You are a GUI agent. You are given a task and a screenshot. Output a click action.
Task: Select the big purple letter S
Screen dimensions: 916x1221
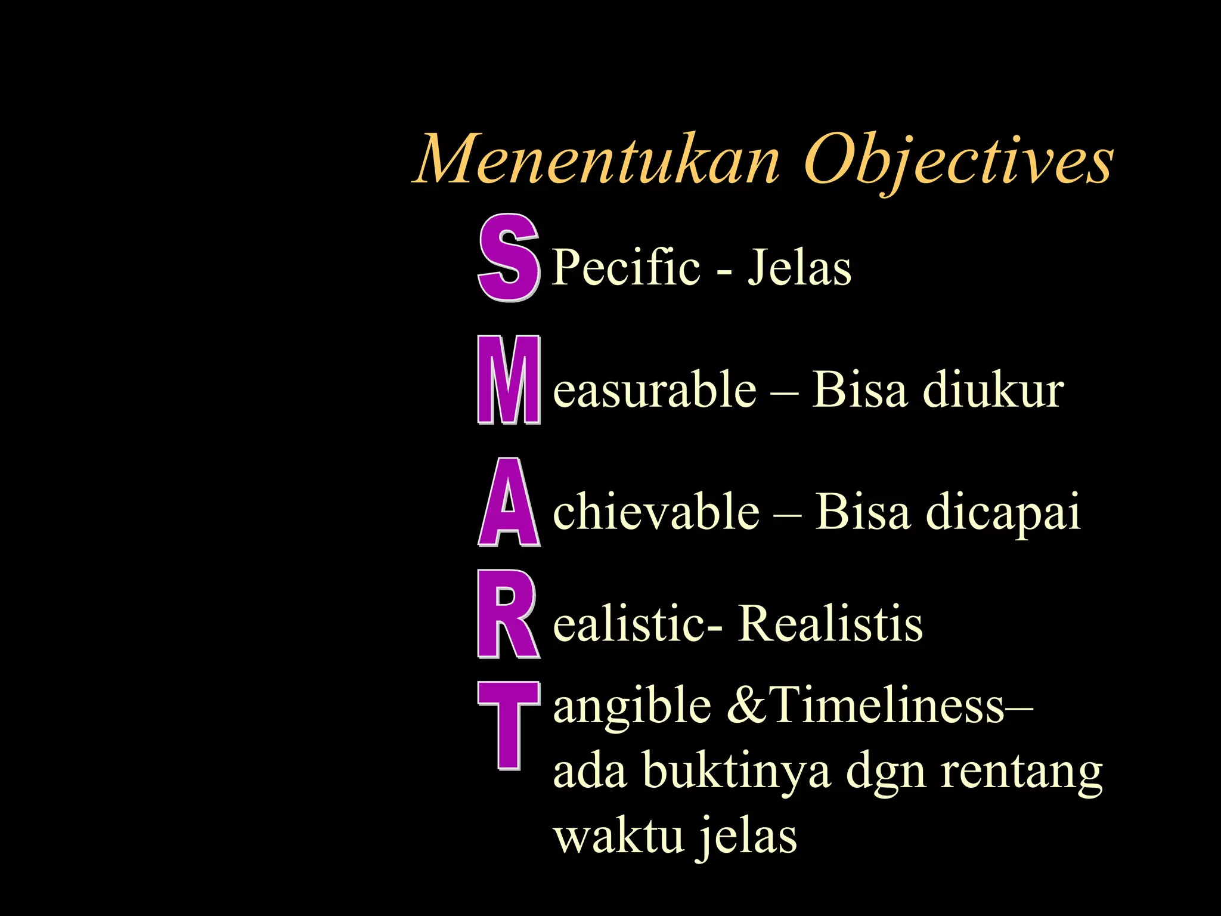point(509,258)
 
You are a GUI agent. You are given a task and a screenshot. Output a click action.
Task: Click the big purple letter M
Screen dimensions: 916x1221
point(509,380)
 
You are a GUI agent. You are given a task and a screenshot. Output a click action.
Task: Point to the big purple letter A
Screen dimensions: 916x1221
point(509,503)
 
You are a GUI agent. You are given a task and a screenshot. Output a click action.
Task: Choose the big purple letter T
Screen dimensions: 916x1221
point(509,725)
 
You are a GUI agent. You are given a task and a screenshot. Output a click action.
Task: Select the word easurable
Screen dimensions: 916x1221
point(655,390)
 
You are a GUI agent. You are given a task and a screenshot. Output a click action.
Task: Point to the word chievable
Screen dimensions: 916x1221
point(656,512)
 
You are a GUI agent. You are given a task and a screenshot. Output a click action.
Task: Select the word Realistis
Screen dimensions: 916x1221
point(830,624)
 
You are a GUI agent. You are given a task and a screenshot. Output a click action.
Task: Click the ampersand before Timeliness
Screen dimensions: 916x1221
point(748,705)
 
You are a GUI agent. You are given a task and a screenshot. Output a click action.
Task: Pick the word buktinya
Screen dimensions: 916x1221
point(737,772)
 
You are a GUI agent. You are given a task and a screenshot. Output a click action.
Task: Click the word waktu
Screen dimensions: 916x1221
point(618,835)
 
